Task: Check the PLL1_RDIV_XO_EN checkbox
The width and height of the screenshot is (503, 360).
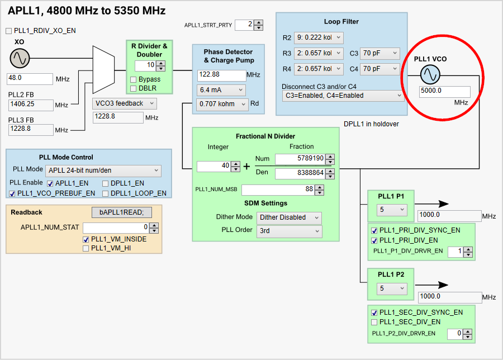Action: coord(9,31)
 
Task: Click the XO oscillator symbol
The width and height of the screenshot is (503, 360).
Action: coord(19,58)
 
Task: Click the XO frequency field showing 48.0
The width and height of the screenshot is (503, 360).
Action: coord(30,78)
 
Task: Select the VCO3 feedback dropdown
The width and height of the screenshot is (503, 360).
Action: coord(124,103)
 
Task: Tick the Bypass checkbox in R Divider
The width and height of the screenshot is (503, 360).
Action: coord(134,79)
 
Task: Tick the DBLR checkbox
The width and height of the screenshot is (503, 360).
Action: coord(134,88)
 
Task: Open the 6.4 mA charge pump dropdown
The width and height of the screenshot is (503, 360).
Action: coord(221,90)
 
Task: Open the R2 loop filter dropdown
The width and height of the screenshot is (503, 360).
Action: coord(319,38)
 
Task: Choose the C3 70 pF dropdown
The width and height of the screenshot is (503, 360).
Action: coord(379,54)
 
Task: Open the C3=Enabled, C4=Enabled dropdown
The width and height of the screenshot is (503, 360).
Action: coord(343,96)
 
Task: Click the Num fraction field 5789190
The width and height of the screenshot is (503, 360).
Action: coord(300,159)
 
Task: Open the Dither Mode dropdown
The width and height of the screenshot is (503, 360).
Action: coord(289,217)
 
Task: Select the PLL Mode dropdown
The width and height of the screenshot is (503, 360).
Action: coord(103,170)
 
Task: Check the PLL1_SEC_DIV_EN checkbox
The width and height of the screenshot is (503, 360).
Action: coord(374,322)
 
